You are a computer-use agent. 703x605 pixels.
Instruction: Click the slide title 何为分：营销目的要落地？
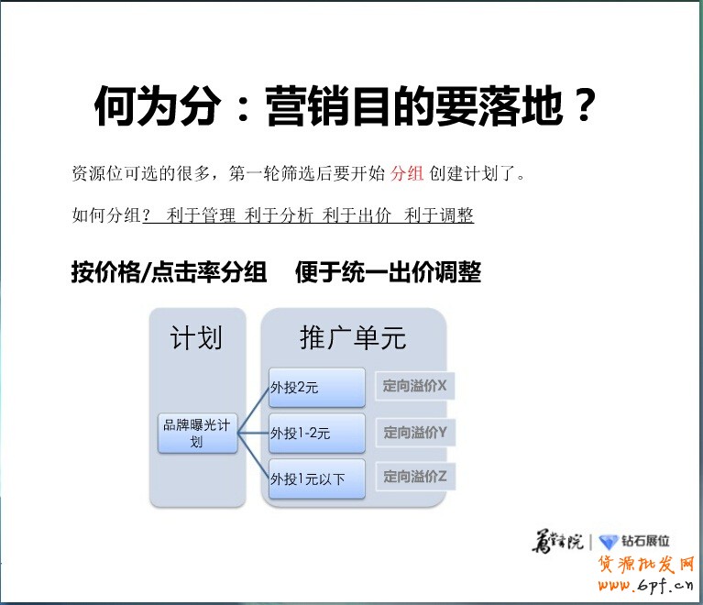pyautogui.click(x=346, y=108)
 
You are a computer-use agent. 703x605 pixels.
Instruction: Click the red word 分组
pyautogui.click(x=407, y=173)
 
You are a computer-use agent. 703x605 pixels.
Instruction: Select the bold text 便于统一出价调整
pyautogui.click(x=388, y=272)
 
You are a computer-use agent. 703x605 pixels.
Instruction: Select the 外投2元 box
pyautogui.click(x=316, y=388)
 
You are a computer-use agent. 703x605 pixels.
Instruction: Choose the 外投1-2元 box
pyautogui.click(x=316, y=433)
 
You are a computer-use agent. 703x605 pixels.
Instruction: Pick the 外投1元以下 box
pyautogui.click(x=316, y=478)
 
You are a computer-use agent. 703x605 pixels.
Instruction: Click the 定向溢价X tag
pyautogui.click(x=414, y=387)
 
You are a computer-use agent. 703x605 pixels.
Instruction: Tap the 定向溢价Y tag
pyautogui.click(x=414, y=433)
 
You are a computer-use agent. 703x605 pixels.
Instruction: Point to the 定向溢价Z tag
pyautogui.click(x=414, y=477)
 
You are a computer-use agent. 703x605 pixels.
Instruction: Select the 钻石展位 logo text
pyautogui.click(x=646, y=542)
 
